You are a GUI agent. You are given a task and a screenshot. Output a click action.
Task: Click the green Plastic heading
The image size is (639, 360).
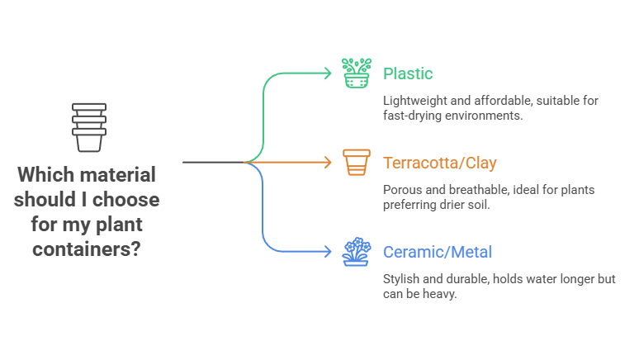408,73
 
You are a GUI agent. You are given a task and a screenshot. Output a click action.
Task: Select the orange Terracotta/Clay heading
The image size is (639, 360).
440,163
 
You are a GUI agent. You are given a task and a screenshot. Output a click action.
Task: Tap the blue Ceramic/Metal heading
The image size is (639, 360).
438,251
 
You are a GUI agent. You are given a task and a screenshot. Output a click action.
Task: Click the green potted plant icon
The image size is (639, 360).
357,73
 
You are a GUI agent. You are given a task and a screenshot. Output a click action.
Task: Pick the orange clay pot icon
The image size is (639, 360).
357,162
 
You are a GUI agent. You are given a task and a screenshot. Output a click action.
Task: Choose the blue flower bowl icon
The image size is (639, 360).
357,252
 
